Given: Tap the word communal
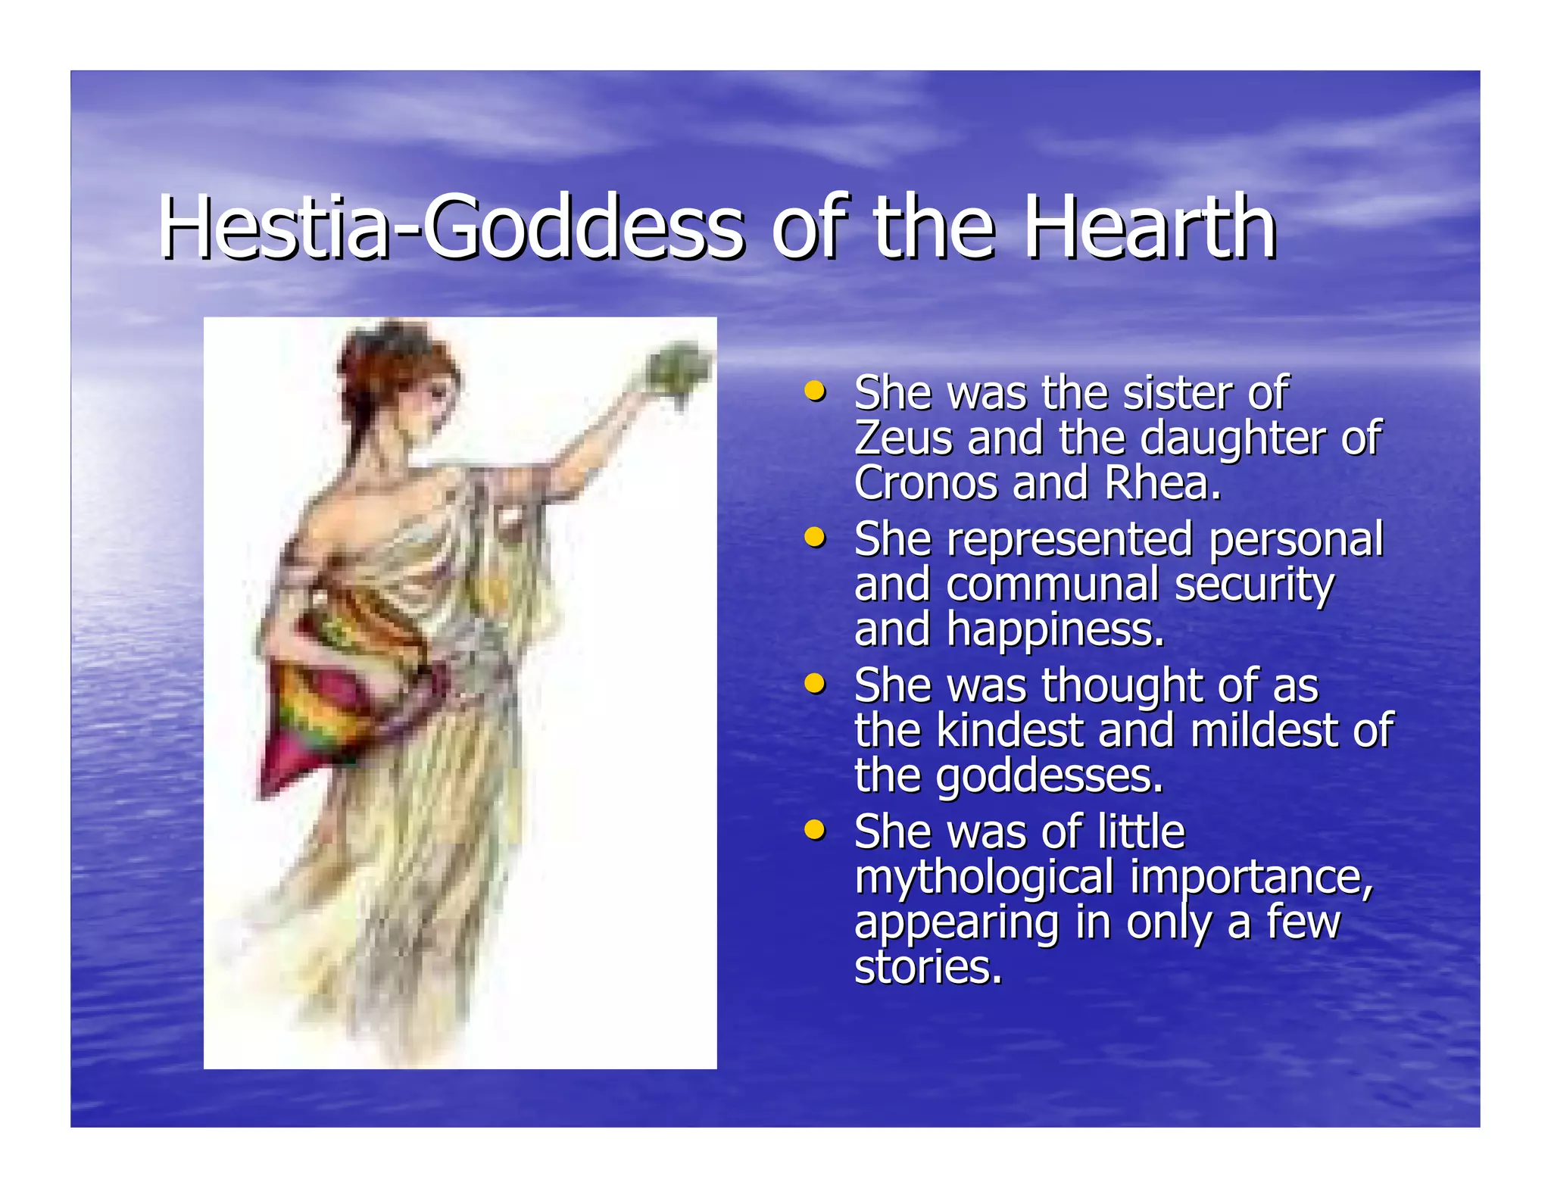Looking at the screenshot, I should [x=1053, y=585].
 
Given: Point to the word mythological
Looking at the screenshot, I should [x=984, y=878].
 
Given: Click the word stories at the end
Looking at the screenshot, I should [x=928, y=967].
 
